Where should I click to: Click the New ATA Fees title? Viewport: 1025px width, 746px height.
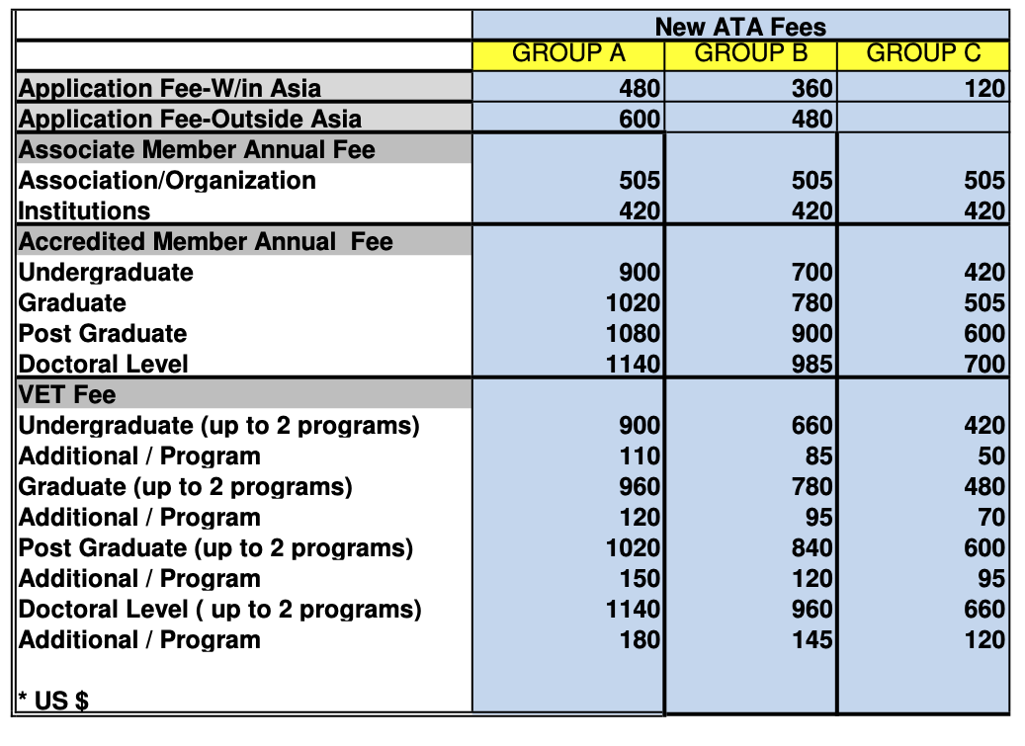740,27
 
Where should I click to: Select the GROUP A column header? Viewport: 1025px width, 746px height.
568,53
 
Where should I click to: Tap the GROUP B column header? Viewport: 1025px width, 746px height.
751,53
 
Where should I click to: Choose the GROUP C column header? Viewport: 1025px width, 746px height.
923,53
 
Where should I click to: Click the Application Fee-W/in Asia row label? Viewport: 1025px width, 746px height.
170,89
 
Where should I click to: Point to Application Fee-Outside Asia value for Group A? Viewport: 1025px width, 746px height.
640,120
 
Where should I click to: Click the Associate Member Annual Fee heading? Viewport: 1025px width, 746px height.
197,150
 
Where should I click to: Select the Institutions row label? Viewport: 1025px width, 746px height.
85,211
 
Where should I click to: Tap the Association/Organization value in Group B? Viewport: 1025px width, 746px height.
811,181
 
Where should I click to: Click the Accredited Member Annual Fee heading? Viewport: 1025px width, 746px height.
206,242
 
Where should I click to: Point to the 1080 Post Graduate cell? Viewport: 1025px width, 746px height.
633,334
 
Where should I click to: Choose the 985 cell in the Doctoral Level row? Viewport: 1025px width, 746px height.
811,365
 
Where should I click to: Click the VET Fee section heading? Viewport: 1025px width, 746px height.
67,395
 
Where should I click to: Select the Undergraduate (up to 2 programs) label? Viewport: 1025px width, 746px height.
219,426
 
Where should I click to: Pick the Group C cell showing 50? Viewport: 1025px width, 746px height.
991,456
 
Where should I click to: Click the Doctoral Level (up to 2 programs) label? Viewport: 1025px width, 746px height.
220,610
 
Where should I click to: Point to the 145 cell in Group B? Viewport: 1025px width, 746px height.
811,640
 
